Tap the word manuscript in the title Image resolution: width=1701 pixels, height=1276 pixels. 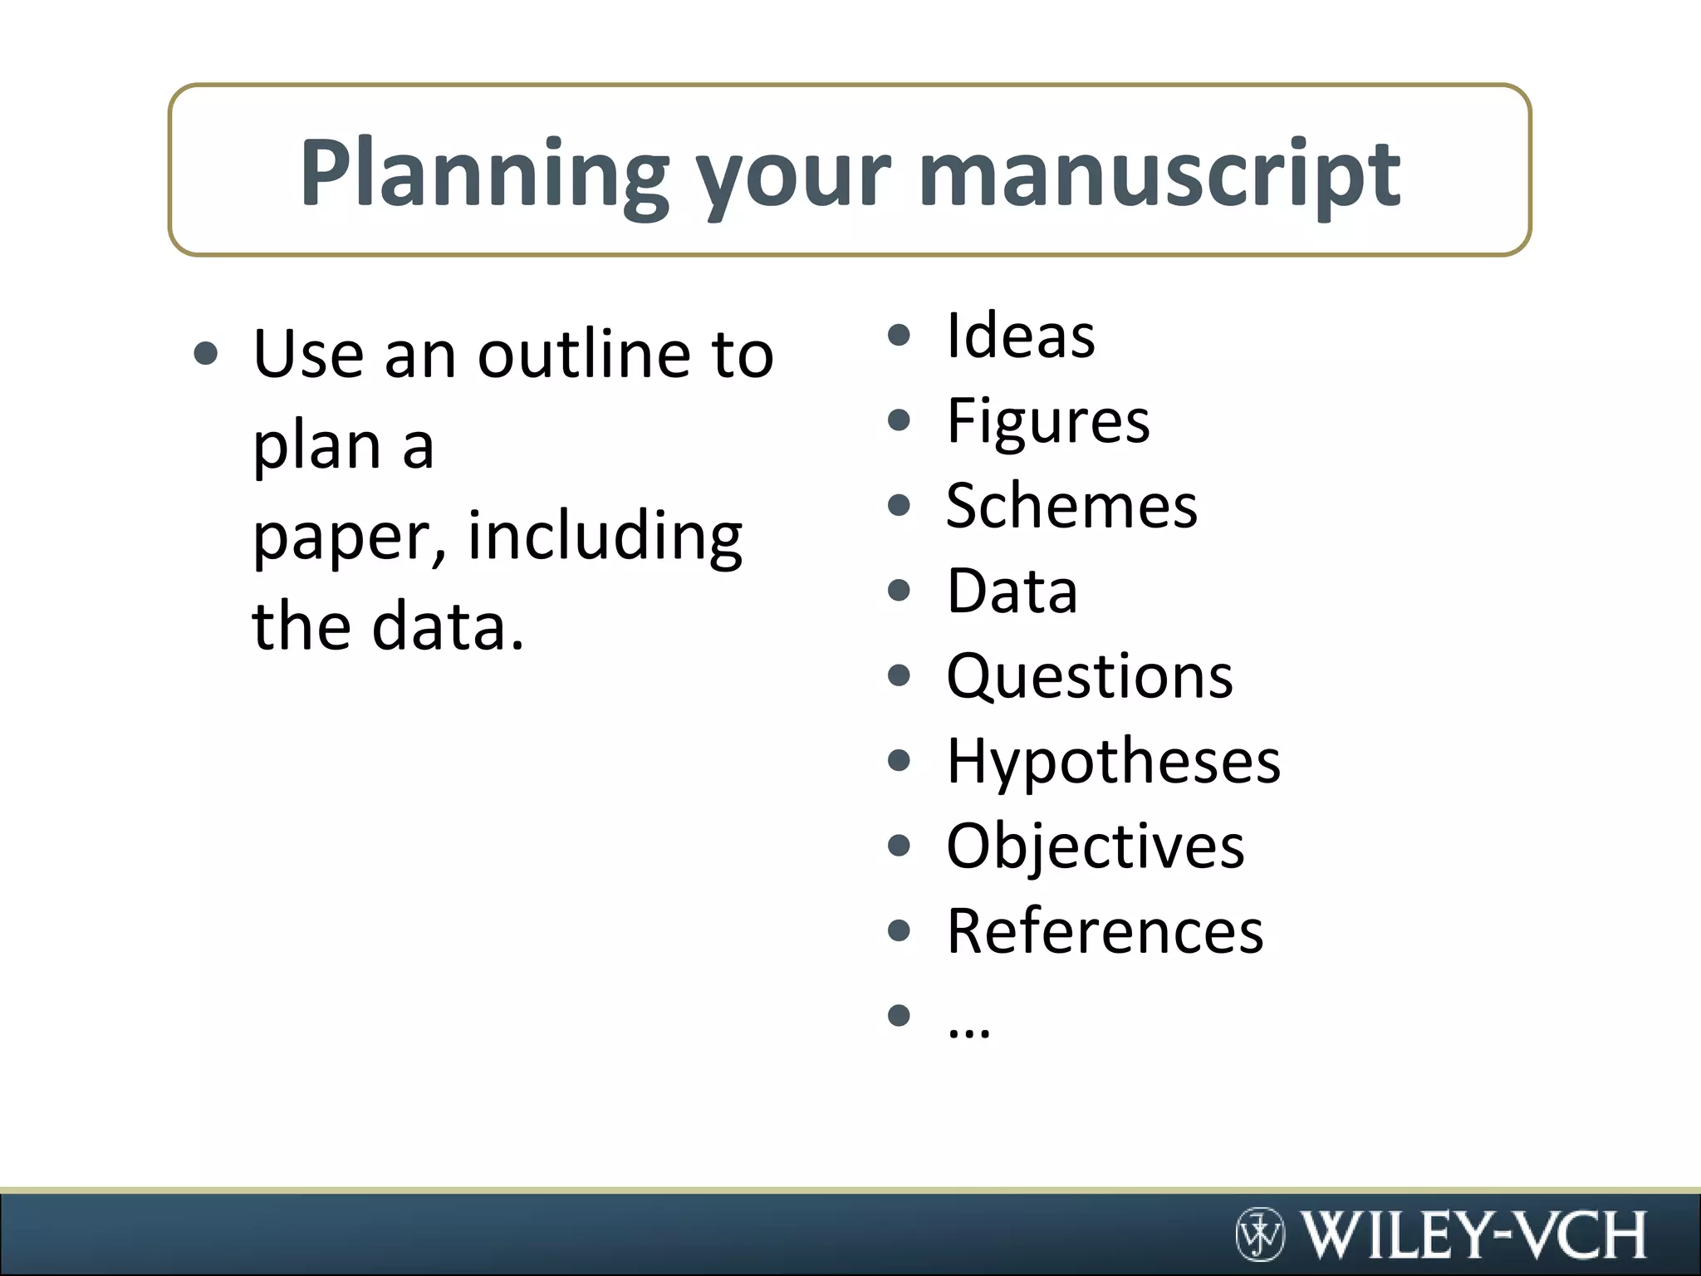(x=1159, y=174)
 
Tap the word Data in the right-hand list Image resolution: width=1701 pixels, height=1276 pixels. (x=1012, y=591)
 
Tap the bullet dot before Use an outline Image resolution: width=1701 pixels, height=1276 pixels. (x=205, y=355)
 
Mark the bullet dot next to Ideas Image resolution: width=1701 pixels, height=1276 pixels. (x=900, y=336)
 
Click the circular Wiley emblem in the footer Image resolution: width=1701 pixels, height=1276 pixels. (x=1259, y=1234)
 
